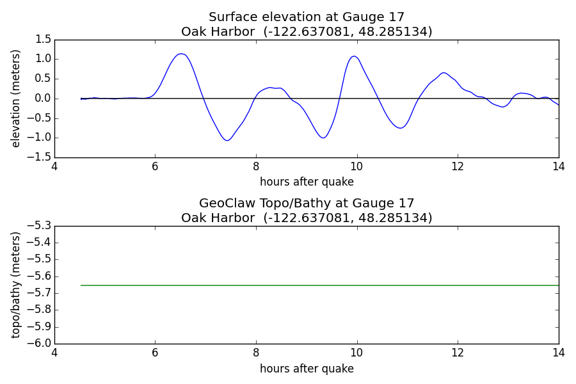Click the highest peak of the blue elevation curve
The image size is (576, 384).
[x=181, y=54]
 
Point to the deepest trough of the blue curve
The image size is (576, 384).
[x=227, y=140]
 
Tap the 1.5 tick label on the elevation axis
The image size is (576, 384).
[x=43, y=39]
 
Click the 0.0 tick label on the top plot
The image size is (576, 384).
[x=43, y=99]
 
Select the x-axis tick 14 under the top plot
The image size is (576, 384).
[x=558, y=167]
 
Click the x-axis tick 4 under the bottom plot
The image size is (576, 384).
[x=54, y=353]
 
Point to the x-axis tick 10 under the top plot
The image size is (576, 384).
[x=356, y=167]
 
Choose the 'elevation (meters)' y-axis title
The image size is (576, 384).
[x=15, y=99]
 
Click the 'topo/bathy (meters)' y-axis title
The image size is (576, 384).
[x=15, y=285]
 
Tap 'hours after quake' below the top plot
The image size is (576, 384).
[x=307, y=182]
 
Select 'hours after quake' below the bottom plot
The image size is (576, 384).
[x=307, y=369]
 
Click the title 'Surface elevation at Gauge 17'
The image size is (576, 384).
[x=307, y=17]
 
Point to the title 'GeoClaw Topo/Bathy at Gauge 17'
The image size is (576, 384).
[x=307, y=204]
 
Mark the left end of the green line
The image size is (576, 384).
[x=81, y=285]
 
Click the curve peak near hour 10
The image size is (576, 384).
[x=354, y=56]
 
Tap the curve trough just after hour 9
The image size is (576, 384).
[x=323, y=138]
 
